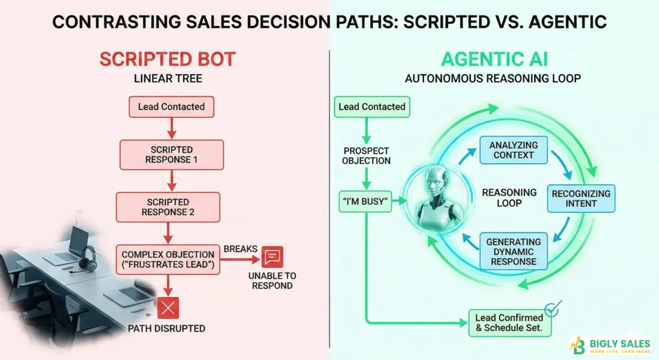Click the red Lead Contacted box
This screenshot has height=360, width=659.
click(171, 106)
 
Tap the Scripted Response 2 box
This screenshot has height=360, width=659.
click(168, 207)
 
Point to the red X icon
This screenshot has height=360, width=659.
click(168, 308)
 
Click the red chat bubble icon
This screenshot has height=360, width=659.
click(272, 257)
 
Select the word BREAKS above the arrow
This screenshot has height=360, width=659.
click(240, 249)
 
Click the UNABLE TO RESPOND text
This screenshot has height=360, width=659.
click(272, 280)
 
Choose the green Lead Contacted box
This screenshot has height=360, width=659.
click(372, 106)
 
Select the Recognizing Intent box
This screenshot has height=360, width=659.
click(581, 198)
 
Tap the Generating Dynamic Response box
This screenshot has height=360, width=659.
click(513, 252)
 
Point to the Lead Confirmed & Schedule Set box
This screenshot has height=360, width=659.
click(508, 322)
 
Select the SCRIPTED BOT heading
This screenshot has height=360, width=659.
click(167, 60)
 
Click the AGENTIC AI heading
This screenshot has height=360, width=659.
click(494, 60)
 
